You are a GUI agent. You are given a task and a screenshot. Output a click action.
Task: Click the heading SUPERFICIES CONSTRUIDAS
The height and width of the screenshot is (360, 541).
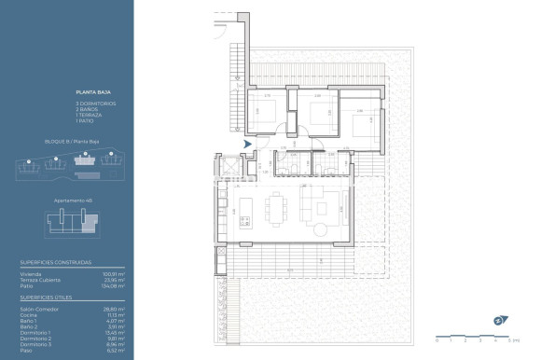point(56,263)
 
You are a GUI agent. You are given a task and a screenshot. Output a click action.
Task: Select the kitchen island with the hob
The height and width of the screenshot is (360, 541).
point(245,207)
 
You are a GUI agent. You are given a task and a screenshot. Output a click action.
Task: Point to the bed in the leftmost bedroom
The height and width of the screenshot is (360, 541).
point(265,118)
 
